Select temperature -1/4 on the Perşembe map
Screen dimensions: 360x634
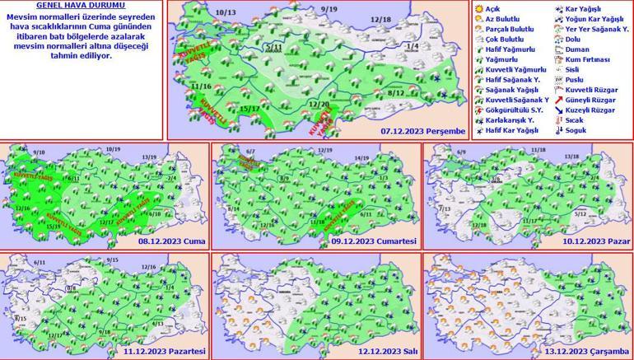tap(412, 46)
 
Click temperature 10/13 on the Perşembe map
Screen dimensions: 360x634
tap(225, 13)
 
